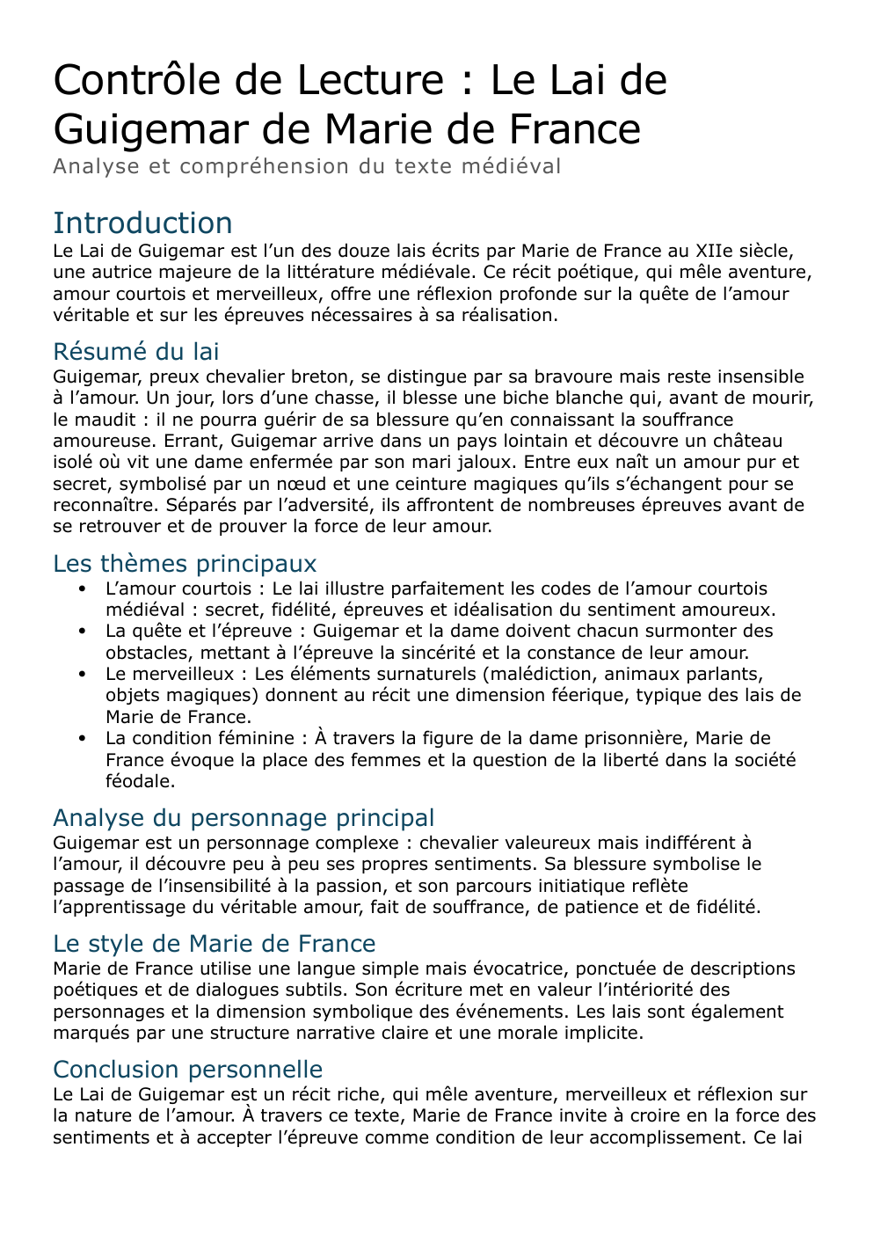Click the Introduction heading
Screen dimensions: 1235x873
coord(142,223)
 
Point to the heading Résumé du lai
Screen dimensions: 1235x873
coord(135,352)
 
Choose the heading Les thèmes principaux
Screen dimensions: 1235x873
coord(185,564)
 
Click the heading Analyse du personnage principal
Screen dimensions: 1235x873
coord(244,818)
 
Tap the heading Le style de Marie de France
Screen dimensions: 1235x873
coord(214,944)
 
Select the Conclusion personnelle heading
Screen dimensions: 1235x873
coord(187,1070)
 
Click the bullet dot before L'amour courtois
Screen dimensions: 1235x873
coord(83,589)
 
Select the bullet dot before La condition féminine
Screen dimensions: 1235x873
coord(83,739)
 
